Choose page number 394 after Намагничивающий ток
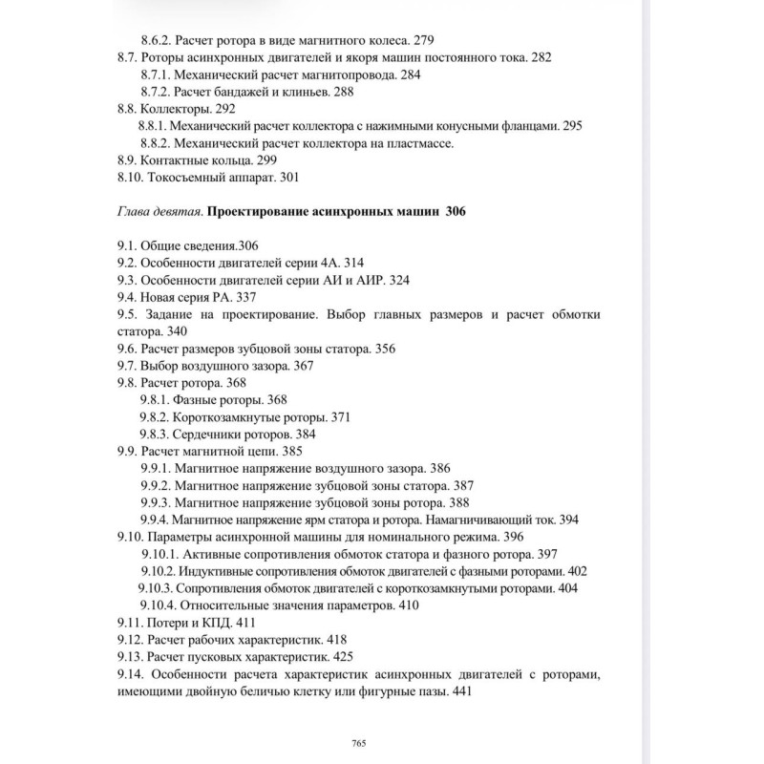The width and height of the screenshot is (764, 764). coord(568,520)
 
